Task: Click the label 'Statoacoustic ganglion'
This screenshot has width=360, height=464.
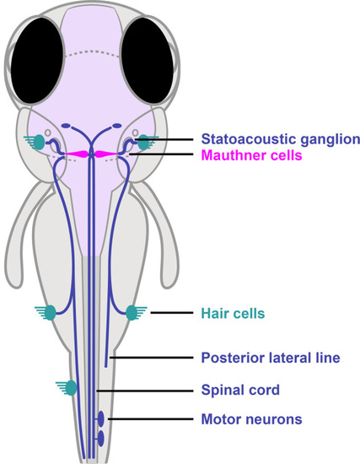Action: click(x=281, y=139)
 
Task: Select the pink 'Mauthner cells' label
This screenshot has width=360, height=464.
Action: click(x=252, y=155)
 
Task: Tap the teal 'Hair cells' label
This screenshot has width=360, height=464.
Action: click(x=233, y=313)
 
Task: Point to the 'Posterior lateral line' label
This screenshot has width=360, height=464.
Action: click(x=271, y=358)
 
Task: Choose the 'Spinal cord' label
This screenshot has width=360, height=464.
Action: click(x=240, y=390)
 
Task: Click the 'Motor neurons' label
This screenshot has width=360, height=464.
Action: click(x=252, y=419)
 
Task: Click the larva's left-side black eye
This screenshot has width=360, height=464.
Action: click(x=37, y=61)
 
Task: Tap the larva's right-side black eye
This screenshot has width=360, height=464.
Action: click(x=148, y=61)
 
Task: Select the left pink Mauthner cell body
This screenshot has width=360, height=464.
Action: click(x=78, y=154)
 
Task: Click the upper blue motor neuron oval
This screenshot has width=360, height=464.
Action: click(x=101, y=418)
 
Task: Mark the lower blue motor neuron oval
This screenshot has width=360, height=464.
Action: click(x=101, y=438)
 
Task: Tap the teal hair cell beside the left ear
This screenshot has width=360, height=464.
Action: click(x=39, y=142)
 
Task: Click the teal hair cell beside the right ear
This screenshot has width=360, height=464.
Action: click(x=144, y=142)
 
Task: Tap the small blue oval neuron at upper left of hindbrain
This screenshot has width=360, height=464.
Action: click(x=66, y=126)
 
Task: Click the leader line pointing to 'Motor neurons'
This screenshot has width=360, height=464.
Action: click(x=151, y=419)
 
